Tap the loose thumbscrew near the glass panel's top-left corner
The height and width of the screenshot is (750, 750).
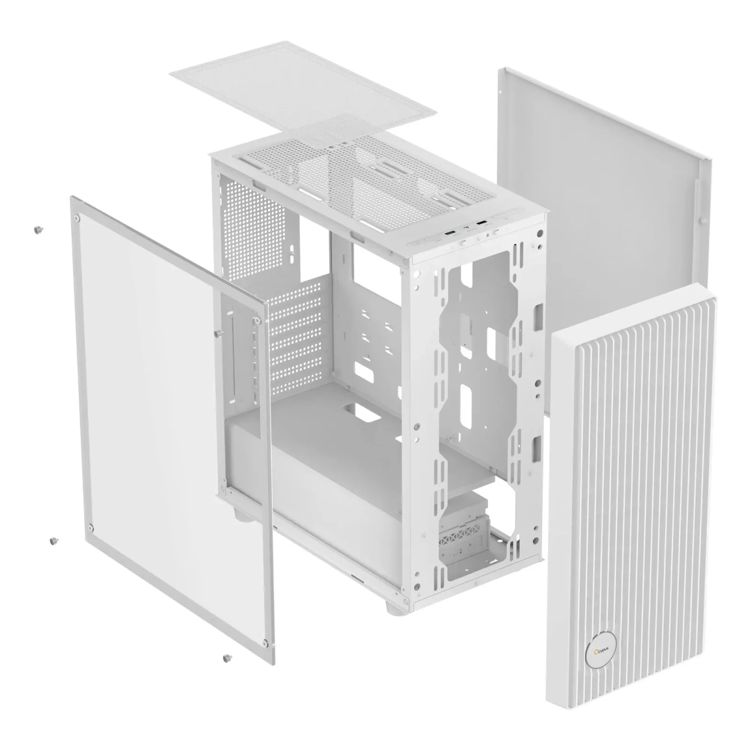click(x=37, y=229)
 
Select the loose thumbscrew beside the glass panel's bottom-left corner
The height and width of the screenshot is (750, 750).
click(x=53, y=540)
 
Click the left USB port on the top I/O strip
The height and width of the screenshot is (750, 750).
click(x=450, y=233)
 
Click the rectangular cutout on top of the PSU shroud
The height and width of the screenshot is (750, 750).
click(x=360, y=411)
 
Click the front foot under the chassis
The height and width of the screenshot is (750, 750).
click(x=393, y=607)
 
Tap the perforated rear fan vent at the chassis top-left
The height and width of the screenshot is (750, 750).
click(x=253, y=211)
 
